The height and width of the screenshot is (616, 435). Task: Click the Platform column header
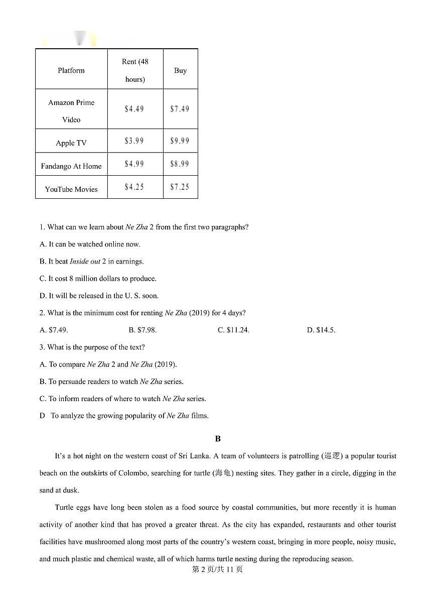click(71, 70)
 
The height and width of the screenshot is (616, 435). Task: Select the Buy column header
click(180, 70)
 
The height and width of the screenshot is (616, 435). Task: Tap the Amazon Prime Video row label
click(71, 110)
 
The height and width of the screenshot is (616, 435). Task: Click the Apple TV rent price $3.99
click(134, 141)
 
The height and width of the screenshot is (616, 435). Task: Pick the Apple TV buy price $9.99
click(180, 141)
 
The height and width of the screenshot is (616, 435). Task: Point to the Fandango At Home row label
click(71, 166)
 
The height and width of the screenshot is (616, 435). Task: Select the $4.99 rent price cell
click(134, 164)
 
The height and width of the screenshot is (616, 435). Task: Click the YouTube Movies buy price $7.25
click(180, 187)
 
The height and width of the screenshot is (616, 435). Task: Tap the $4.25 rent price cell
click(134, 187)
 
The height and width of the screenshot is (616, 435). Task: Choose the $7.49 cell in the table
click(180, 109)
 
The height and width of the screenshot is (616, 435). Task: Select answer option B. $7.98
click(142, 330)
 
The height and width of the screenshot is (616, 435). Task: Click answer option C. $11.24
click(233, 330)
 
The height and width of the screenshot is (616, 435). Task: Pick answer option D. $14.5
click(321, 330)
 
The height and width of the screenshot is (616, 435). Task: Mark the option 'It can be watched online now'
click(90, 244)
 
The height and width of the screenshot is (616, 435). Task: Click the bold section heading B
click(218, 439)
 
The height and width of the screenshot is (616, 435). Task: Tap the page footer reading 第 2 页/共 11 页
click(218, 569)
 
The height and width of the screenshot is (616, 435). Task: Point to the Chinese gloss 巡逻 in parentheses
click(332, 456)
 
